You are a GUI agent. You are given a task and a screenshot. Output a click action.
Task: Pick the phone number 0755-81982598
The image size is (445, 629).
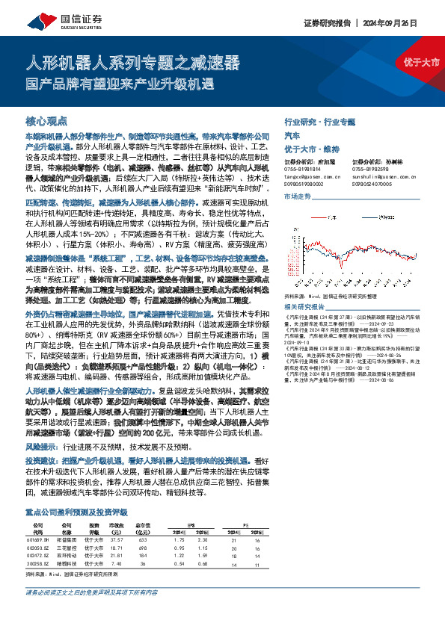tap(370, 170)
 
